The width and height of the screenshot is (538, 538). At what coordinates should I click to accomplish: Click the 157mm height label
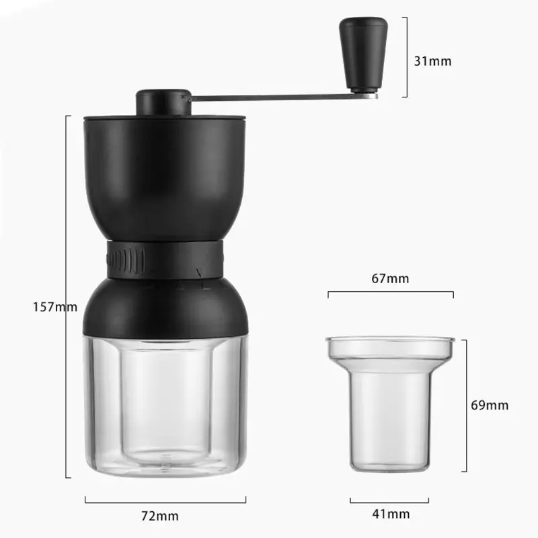coord(55,307)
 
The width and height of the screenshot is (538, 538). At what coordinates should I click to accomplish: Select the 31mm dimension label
coord(432,61)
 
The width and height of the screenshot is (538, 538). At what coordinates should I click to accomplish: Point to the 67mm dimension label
coord(391,278)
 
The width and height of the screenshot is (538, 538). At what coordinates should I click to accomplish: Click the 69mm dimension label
coord(489,405)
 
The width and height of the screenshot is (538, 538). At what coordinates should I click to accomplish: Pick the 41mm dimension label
coord(390,514)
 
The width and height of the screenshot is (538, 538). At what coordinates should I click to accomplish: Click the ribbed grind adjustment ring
coord(165,258)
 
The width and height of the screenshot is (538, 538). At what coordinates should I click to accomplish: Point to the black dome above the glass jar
coord(165,306)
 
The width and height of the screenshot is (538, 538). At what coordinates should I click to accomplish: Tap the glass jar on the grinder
coord(165,403)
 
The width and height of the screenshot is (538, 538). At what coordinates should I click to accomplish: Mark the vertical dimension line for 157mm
coord(67,296)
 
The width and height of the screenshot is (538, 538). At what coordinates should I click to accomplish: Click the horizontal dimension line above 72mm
coord(165,498)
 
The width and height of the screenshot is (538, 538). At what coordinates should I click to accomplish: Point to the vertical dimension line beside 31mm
coord(406,57)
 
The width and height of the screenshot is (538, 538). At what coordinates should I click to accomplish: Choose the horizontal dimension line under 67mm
coord(391,293)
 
